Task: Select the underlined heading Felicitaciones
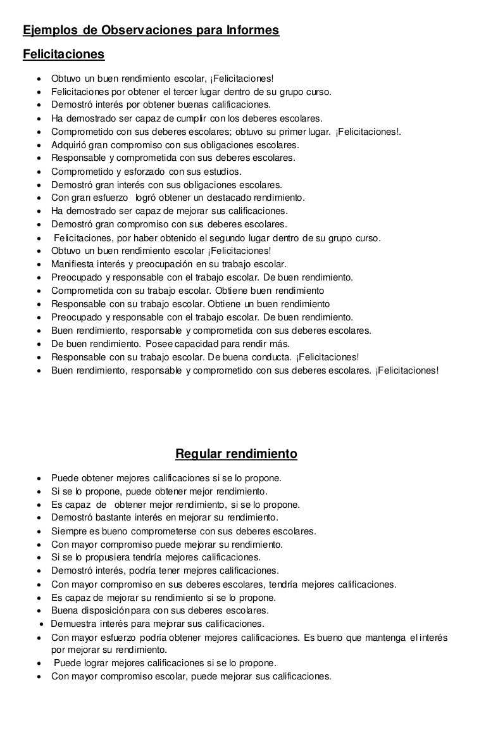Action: (x=63, y=54)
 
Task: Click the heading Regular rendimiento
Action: (x=236, y=454)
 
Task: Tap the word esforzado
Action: (x=142, y=172)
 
